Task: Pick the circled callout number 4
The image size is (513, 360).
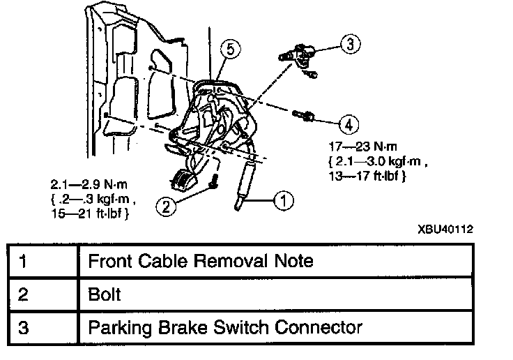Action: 348,124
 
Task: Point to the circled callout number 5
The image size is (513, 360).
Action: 227,49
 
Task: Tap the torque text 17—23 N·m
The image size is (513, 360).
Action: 357,148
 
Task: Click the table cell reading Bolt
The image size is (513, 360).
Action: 104,294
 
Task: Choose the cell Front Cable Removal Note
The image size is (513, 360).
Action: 200,262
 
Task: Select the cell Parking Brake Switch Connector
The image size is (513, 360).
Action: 224,326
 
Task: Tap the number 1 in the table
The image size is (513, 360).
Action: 24,262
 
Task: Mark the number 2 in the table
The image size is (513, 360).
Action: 24,294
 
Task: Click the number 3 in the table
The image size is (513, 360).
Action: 24,326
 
